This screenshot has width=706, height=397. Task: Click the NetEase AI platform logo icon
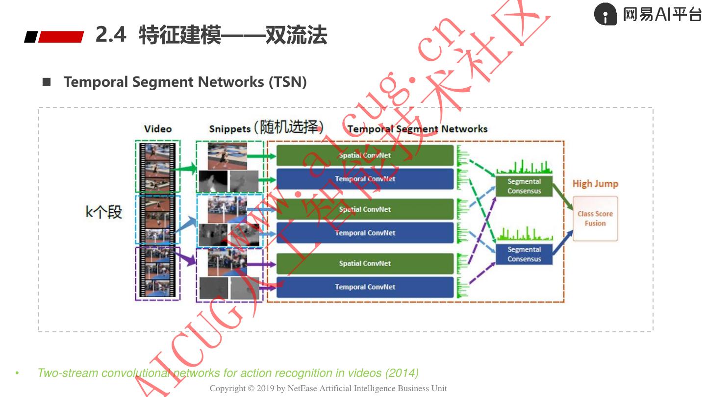pos(605,14)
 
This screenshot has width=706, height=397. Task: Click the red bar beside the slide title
pos(61,37)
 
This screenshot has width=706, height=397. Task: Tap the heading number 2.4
pos(111,35)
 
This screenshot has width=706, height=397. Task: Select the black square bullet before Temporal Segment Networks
pos(47,82)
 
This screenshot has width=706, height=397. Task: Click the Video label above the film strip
pos(158,129)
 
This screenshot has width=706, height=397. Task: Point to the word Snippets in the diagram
pos(229,129)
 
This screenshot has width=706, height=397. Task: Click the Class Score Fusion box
pos(595,219)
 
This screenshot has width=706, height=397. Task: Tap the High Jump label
pos(595,184)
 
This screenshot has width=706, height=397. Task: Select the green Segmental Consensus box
pos(524,186)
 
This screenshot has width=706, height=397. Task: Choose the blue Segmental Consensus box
pos(524,254)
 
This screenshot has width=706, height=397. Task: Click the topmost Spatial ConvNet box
pos(365,155)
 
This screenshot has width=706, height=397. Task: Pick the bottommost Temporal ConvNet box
pos(365,287)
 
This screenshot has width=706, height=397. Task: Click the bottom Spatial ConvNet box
pos(365,264)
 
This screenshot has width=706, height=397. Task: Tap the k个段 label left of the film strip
pos(103,212)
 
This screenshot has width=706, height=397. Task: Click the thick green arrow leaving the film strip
pos(187,169)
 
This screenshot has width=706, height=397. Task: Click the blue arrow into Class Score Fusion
pos(563,241)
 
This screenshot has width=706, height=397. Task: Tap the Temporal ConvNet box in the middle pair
pos(365,233)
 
